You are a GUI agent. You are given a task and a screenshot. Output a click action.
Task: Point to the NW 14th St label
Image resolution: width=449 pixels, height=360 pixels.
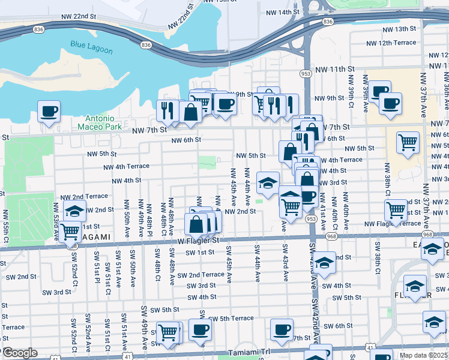[x=282, y=12]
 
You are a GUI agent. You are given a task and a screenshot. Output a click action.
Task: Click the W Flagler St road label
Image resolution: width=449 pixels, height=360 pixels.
[x=197, y=241]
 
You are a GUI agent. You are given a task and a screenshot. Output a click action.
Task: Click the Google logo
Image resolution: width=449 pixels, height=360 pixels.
[x=19, y=353]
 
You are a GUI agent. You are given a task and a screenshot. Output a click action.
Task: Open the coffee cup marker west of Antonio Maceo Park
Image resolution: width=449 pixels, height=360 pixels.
[x=49, y=111]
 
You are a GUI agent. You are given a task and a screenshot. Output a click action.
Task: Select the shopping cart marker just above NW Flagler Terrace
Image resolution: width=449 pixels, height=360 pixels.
[x=396, y=210]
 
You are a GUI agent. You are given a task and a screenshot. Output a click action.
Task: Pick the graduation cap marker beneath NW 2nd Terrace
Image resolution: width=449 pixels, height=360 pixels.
[x=75, y=211]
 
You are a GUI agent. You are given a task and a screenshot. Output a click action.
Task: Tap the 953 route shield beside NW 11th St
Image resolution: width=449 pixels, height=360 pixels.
[x=307, y=73]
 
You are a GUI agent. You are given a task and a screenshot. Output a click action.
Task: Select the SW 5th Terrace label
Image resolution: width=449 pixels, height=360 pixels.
[x=232, y=319]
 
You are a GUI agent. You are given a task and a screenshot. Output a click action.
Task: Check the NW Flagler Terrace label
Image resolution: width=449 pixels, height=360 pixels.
[x=394, y=224]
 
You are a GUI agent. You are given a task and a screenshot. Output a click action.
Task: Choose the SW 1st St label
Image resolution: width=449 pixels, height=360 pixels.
[x=200, y=253]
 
